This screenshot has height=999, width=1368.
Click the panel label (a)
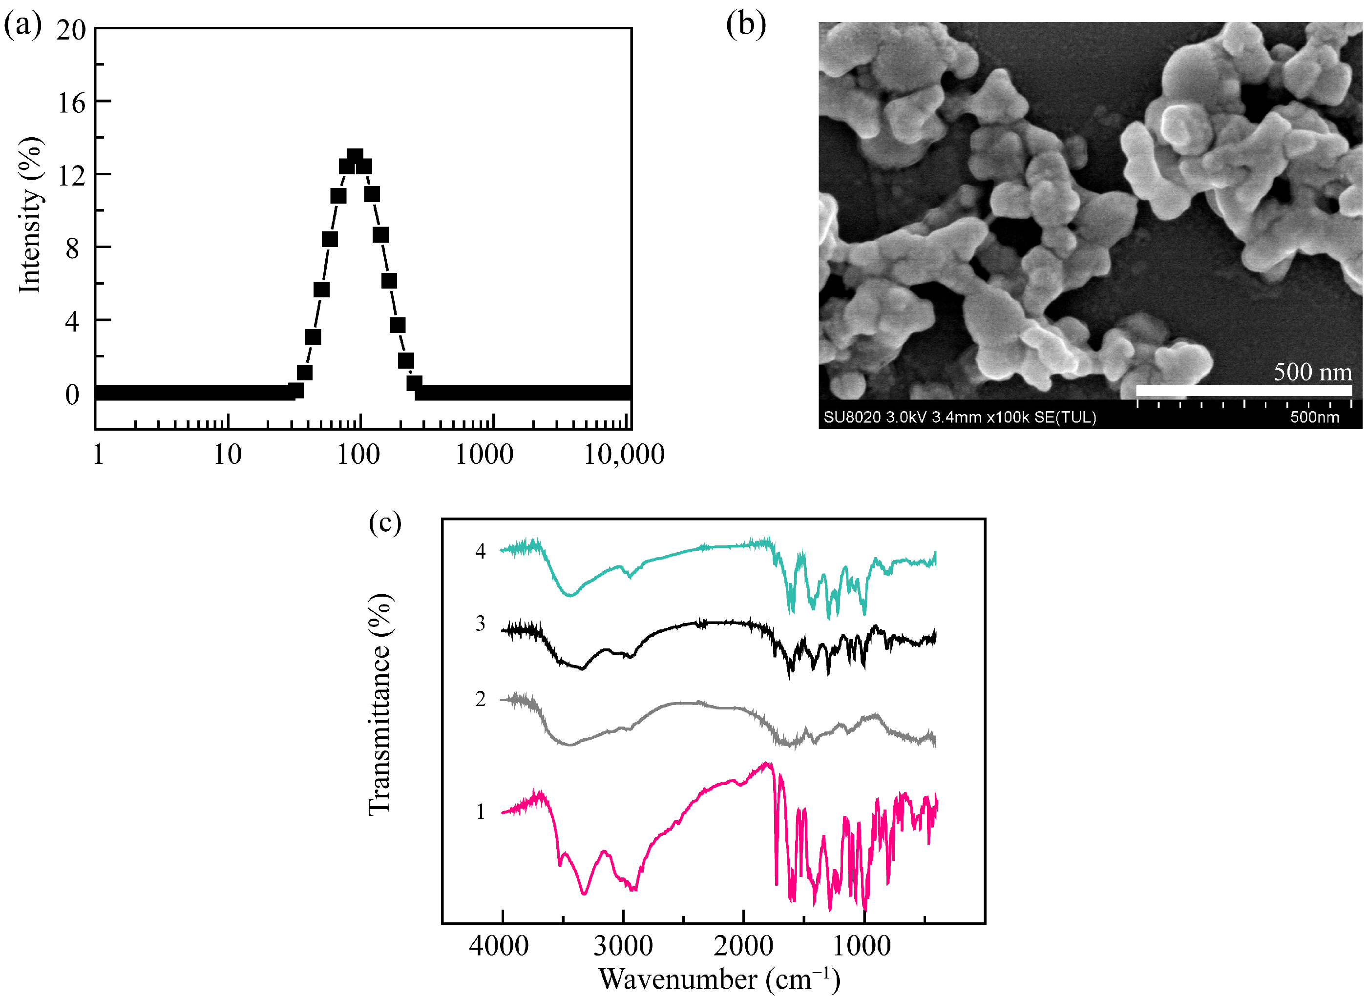pos(23,25)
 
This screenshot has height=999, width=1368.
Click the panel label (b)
pos(745,25)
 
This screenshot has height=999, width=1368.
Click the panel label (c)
pos(385,522)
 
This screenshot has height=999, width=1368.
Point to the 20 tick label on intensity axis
pos(71,30)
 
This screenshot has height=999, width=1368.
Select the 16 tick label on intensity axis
pos(71,104)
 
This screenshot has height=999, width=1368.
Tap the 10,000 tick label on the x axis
pos(624,455)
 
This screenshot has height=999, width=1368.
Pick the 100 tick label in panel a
pos(358,455)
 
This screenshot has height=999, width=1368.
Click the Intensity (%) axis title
pos(30,215)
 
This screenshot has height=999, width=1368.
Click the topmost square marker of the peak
pos(355,158)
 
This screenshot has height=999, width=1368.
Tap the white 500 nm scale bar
pos(1243,390)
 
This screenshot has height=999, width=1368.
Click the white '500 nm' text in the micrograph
pos(1312,371)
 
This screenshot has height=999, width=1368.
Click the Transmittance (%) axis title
pos(380,705)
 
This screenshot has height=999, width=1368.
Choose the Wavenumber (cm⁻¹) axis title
pos(719,979)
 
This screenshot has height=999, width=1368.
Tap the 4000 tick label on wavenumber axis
pos(499,946)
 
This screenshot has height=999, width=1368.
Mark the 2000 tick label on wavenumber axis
pos(743,946)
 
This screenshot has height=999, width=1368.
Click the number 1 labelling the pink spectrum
pos(480,812)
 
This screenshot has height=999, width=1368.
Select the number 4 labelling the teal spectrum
pos(480,551)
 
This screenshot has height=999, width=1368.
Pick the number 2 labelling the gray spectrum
pos(480,699)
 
